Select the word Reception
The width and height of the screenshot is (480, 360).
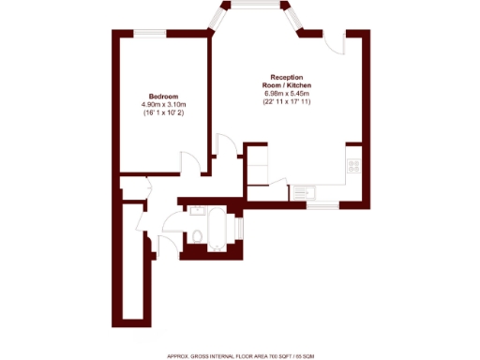coord(286,76)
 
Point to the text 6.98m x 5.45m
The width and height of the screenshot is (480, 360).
coord(286,93)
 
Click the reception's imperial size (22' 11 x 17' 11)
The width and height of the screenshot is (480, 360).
coord(286,102)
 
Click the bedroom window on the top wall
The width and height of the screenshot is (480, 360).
coord(146,34)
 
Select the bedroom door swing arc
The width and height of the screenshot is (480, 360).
coord(191,163)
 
